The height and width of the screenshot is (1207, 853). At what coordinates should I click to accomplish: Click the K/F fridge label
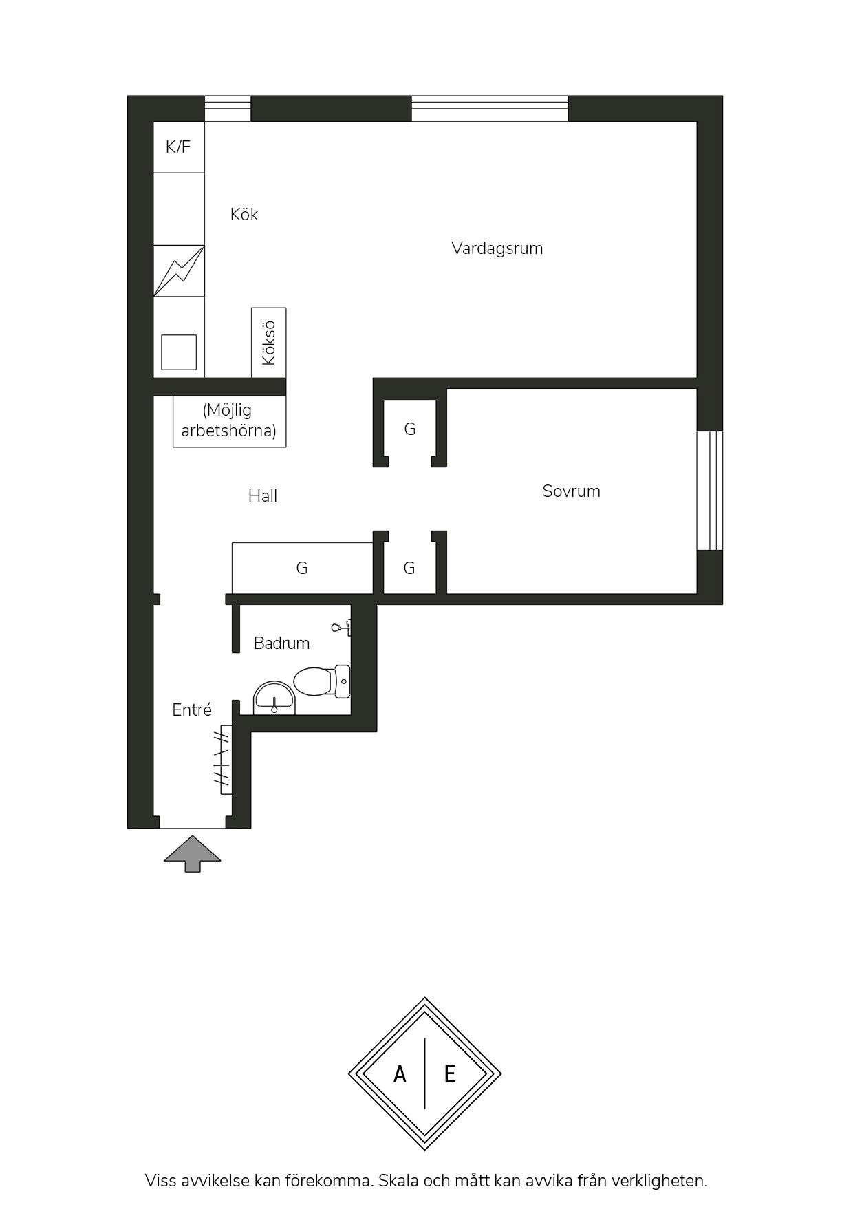pyautogui.click(x=178, y=147)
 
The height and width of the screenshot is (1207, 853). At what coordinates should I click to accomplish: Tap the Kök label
pyautogui.click(x=244, y=214)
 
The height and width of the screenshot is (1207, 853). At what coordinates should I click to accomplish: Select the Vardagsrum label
pyautogui.click(x=497, y=248)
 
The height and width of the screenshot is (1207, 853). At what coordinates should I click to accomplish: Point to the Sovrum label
pyautogui.click(x=571, y=491)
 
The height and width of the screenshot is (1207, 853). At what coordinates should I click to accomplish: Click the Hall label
pyautogui.click(x=263, y=495)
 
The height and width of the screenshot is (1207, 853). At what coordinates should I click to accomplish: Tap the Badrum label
pyautogui.click(x=281, y=643)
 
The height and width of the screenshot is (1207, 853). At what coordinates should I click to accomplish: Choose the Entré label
pyautogui.click(x=192, y=709)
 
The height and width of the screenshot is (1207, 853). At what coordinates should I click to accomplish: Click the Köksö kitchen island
pyautogui.click(x=269, y=343)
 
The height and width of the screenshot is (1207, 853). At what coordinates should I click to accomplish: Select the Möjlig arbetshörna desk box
pyautogui.click(x=229, y=421)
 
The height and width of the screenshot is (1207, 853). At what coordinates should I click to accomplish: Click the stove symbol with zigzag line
pyautogui.click(x=179, y=270)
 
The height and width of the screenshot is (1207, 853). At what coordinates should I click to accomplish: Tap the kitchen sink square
pyautogui.click(x=179, y=352)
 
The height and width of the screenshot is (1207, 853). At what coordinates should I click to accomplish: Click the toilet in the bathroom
pyautogui.click(x=322, y=681)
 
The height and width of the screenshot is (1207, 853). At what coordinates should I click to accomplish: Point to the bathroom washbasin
pyautogui.click(x=274, y=698)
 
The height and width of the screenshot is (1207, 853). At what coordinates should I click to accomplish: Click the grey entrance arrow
pyautogui.click(x=193, y=854)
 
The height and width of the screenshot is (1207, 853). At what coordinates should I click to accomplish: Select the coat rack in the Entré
pyautogui.click(x=224, y=760)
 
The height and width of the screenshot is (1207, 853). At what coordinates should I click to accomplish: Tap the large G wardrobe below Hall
pyautogui.click(x=302, y=568)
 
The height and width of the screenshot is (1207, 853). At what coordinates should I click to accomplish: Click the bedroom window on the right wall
pyautogui.click(x=710, y=491)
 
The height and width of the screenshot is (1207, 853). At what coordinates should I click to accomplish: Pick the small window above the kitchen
pyautogui.click(x=228, y=109)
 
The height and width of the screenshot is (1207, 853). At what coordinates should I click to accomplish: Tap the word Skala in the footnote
pyautogui.click(x=398, y=1181)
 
